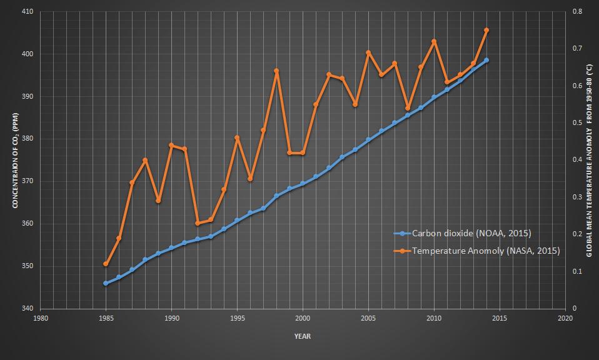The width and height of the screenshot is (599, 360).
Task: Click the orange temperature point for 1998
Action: click(x=276, y=71)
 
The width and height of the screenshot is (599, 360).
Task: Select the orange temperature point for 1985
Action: click(x=106, y=264)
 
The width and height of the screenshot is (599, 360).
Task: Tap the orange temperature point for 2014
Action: click(x=486, y=30)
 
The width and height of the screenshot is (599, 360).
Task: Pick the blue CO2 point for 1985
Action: click(x=106, y=283)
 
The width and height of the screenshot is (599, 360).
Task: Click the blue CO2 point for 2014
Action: click(x=486, y=60)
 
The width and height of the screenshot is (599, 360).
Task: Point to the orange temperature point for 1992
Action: click(x=198, y=223)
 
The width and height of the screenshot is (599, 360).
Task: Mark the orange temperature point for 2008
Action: click(x=408, y=108)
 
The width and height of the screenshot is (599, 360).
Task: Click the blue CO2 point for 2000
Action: click(x=303, y=184)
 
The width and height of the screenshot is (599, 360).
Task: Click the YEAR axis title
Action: click(x=303, y=336)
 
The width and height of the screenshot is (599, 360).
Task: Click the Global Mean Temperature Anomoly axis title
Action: click(x=589, y=160)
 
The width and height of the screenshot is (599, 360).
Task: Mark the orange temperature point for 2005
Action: click(x=368, y=52)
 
